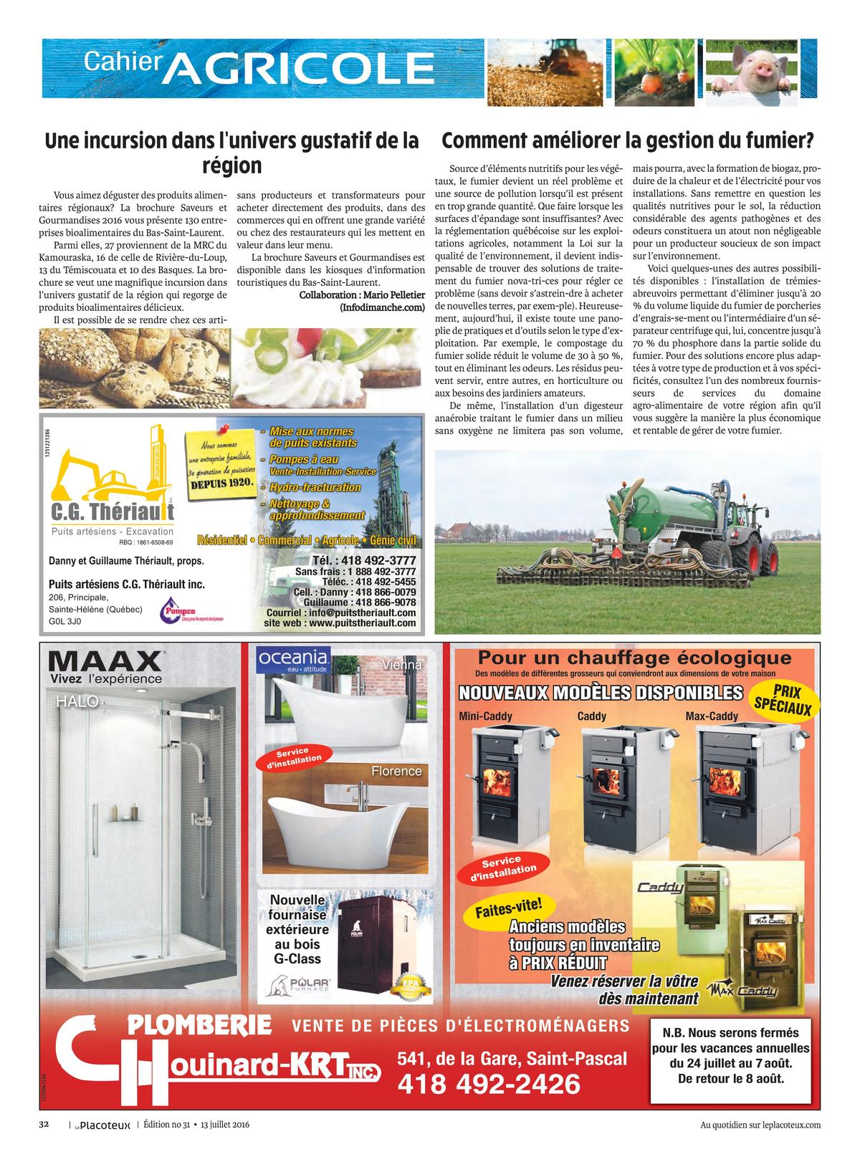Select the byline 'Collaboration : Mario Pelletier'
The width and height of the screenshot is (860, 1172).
pos(362,295)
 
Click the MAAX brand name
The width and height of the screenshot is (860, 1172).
pos(105,660)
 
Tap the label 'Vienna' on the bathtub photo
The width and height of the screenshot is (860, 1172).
pos(402,665)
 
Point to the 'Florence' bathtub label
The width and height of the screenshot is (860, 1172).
pos(396,771)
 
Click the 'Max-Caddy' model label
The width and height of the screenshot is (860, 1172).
pos(711,716)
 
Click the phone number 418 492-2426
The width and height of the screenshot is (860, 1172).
pos(488,1084)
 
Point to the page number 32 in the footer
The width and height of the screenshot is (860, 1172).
pos(43,1125)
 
